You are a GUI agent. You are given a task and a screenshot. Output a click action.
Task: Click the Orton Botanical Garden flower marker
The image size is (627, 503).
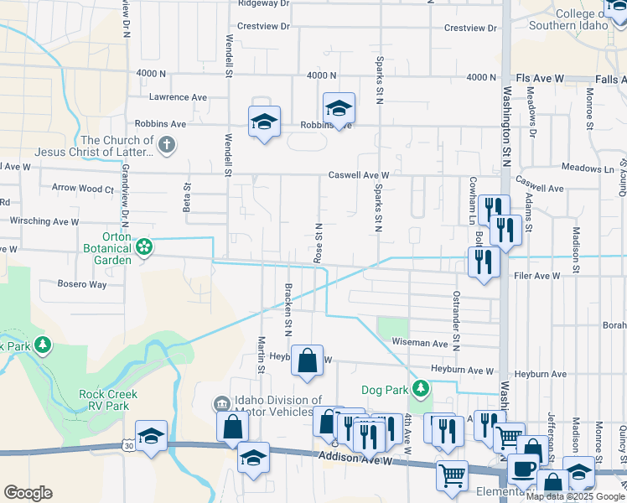pos(144,247)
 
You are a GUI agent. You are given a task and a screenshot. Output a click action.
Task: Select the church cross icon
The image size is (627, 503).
pos(167,145)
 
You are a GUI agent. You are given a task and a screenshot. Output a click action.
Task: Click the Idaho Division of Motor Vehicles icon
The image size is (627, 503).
pos(221,402)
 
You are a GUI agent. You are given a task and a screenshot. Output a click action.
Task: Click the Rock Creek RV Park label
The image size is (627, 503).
pos(108,400)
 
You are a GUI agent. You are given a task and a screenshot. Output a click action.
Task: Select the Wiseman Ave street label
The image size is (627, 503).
pos(420,343)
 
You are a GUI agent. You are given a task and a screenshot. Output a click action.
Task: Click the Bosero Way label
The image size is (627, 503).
pos(82,284)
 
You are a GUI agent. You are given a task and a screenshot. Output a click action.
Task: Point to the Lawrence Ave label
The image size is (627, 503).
pos(178,98)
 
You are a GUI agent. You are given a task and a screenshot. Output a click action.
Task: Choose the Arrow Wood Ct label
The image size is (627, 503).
pos(82,189)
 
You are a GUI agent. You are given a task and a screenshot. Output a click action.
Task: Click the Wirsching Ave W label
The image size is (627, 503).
pos(44,222)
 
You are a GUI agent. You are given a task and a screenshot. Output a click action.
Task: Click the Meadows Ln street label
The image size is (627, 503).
pos(588,169)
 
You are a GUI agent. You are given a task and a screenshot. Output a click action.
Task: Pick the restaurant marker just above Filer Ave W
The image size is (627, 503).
pos(484,262)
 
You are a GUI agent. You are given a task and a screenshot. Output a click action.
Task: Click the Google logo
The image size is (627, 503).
pos(28,493)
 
